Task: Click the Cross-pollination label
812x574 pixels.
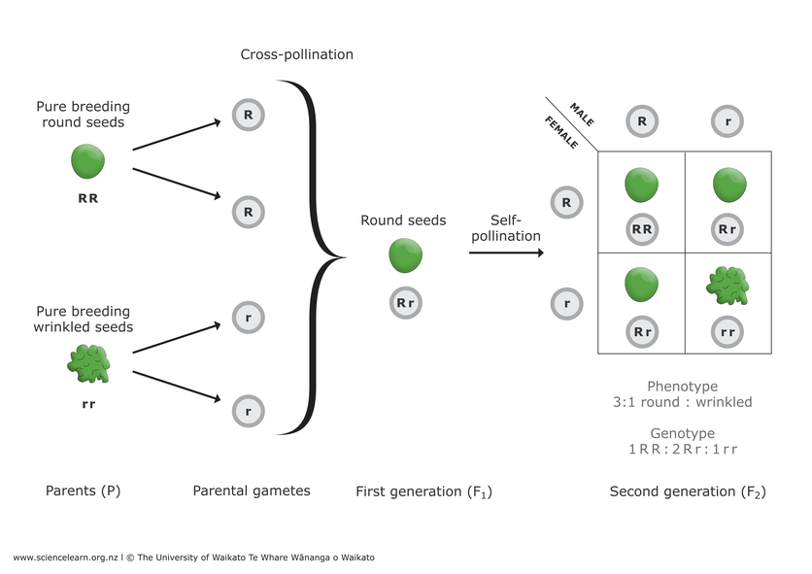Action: pos(296,55)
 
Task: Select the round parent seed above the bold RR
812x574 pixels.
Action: pos(88,161)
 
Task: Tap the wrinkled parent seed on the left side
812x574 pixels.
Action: pos(88,362)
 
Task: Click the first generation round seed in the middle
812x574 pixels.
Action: pos(405,256)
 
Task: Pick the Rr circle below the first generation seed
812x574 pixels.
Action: pos(405,303)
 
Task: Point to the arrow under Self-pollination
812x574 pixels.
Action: pos(505,253)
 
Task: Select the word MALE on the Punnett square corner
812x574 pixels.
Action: pos(582,115)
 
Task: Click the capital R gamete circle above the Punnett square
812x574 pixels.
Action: pos(641,121)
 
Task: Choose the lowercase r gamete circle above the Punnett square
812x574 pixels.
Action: pos(727,121)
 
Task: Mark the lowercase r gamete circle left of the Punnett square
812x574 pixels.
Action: pos(566,304)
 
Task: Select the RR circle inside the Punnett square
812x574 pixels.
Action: pos(641,229)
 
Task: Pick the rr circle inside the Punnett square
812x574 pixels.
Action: pos(727,331)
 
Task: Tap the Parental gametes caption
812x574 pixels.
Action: pos(251,491)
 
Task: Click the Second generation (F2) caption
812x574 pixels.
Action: pos(687,491)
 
